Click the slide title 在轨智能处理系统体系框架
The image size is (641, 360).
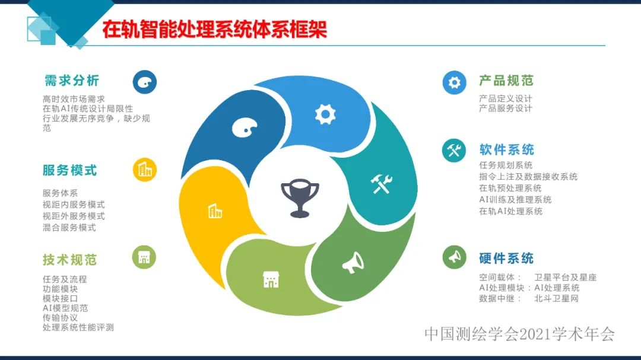[x=214, y=30]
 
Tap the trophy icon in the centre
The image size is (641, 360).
[x=300, y=197]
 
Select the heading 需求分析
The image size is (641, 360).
[x=72, y=81]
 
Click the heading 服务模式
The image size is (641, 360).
[x=69, y=170]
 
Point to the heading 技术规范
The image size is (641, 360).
[x=69, y=260]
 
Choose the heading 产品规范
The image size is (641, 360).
[x=506, y=81]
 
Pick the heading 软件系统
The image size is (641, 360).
[x=506, y=149]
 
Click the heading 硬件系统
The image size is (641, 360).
[x=506, y=258]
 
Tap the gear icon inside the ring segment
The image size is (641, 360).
[x=325, y=114]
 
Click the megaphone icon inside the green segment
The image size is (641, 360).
[x=353, y=262]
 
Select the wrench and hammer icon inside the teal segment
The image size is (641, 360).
[x=380, y=184]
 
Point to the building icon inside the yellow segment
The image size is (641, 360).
[x=215, y=211]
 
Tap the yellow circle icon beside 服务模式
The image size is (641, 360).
[x=145, y=170]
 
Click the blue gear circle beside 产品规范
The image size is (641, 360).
[x=454, y=82]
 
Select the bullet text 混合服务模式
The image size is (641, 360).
[x=69, y=227]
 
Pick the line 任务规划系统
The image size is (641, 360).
[x=506, y=165]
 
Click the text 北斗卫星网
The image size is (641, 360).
[x=556, y=298]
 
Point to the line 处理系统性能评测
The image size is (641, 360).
[x=78, y=327]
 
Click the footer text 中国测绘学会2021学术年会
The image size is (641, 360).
[x=519, y=334]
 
